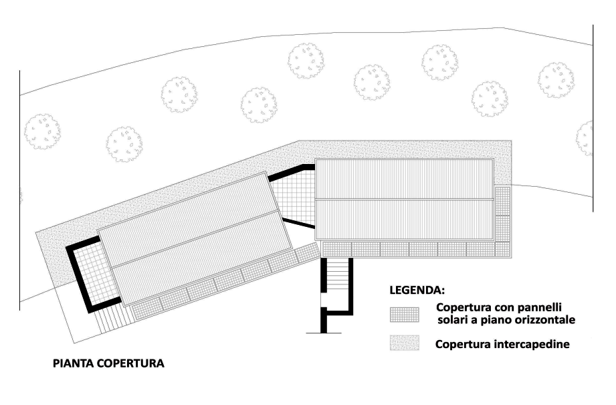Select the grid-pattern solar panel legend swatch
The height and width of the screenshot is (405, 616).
pos(405,314)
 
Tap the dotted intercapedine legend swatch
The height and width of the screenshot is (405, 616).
pos(405,343)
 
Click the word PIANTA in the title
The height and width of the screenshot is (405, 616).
pos(73,364)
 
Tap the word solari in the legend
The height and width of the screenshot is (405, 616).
pos(451,320)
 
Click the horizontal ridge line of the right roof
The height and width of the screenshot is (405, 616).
pos(404,199)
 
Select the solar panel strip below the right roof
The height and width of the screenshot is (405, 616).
pos(415,248)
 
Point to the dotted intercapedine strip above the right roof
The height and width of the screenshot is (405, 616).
pos(401,149)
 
